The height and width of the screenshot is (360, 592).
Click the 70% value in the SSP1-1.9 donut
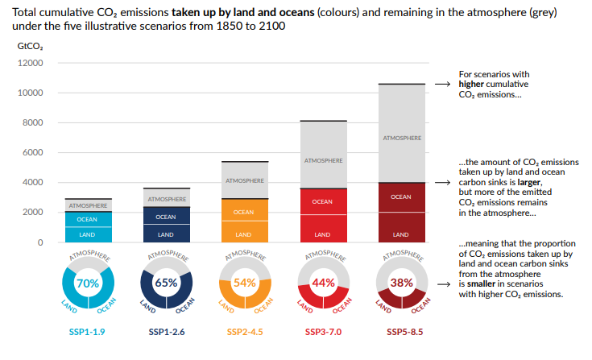click(87, 283)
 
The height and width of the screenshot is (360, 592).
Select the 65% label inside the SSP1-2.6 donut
click(166, 283)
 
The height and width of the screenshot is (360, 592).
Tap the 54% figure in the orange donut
click(244, 283)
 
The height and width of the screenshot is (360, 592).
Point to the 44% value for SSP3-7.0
click(323, 283)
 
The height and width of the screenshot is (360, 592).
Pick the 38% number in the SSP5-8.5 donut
click(401, 283)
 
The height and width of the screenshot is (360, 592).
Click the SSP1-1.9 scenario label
click(87, 332)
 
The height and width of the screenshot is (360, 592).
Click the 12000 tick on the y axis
click(30, 64)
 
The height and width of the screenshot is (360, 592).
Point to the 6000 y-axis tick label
click(32, 153)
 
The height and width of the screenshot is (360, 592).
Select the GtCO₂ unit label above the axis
click(31, 46)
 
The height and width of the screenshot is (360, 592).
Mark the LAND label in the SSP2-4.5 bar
click(244, 234)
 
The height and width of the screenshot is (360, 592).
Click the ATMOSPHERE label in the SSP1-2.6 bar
click(166, 198)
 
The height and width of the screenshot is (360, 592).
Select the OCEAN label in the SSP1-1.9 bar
click(87, 219)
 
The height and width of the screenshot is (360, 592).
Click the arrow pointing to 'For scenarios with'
click(441, 83)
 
